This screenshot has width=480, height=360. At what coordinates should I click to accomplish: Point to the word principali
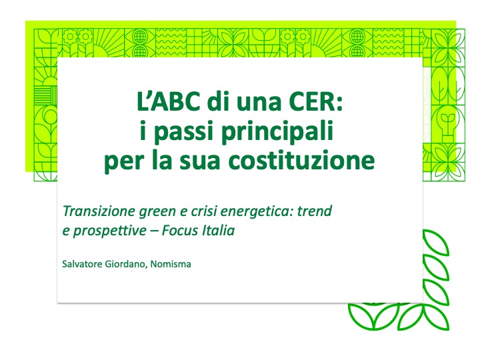(277, 132)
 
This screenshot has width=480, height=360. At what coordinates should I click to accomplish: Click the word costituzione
(301, 160)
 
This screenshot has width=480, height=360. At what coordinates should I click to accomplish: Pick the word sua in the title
(199, 161)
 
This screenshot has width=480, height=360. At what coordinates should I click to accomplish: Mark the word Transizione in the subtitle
(99, 211)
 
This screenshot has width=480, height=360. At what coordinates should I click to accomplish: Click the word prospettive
(109, 231)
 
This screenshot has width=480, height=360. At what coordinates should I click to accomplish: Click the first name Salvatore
(82, 264)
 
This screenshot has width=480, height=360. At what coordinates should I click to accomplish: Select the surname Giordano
(125, 264)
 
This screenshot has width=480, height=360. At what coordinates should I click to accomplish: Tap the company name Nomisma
(171, 264)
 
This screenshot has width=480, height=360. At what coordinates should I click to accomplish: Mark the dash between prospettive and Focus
(154, 231)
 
